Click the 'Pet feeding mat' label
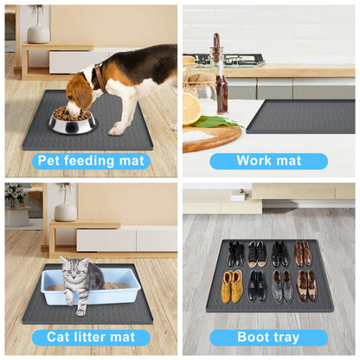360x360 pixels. click(x=91, y=161)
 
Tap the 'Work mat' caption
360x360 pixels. click(x=268, y=161)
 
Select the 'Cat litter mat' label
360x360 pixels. click(x=91, y=337)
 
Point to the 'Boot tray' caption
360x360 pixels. click(x=268, y=337)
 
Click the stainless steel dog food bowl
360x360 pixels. click(x=73, y=121)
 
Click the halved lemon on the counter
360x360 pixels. click(x=191, y=109)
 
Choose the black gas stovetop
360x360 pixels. click(x=227, y=60)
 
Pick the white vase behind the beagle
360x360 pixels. click(x=37, y=32)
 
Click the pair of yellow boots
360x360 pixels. click(x=232, y=286)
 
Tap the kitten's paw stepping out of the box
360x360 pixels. click(x=80, y=310)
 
